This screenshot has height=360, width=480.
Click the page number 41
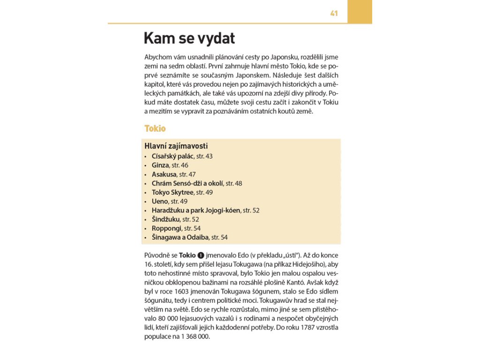point(334,14)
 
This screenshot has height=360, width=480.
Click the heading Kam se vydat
point(189,38)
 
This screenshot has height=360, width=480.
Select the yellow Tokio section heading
point(155,128)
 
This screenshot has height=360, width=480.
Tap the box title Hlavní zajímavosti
point(176,146)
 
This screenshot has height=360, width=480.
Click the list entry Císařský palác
point(172,156)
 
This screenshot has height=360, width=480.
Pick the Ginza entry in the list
point(160,165)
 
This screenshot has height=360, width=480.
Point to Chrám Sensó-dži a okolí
point(187,183)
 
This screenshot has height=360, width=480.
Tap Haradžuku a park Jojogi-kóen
point(196,210)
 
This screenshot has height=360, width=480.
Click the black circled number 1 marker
point(201,255)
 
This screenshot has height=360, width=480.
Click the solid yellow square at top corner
point(360,11)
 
